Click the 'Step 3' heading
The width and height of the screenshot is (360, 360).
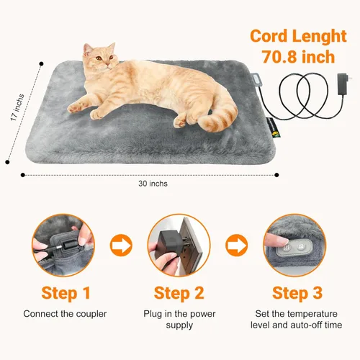pos(294,294)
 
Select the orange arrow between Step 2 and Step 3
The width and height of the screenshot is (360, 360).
pos(235,245)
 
